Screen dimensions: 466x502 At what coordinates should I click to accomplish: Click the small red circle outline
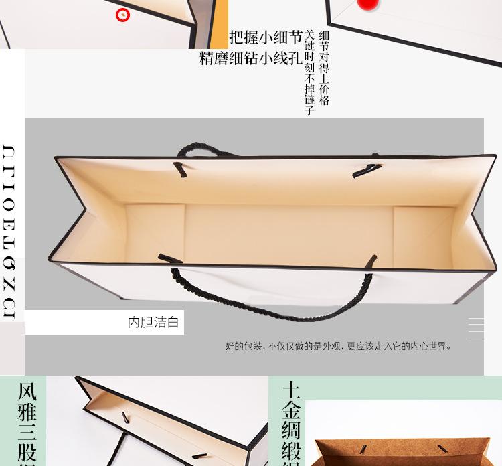[x=122, y=14]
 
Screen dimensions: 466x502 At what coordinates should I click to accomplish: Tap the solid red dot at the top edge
[x=367, y=4]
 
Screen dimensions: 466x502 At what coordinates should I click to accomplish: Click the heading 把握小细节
[x=266, y=37]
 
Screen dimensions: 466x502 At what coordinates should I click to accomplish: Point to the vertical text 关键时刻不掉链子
[x=309, y=72]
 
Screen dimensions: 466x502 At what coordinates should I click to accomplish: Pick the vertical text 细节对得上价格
[x=325, y=68]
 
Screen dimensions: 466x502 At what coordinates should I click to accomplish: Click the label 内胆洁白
[x=153, y=323]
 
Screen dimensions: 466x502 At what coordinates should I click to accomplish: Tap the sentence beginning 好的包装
[x=338, y=346]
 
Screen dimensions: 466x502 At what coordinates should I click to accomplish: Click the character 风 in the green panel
[x=27, y=391]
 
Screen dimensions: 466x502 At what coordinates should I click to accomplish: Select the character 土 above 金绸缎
[x=291, y=390]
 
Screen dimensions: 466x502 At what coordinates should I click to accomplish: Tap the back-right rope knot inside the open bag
[x=366, y=170]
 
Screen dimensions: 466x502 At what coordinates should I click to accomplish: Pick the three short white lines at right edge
[x=476, y=329]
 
